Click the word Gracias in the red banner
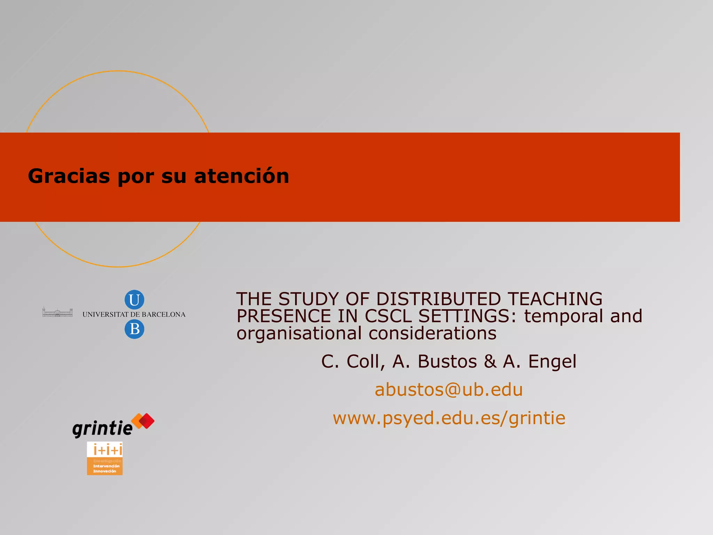point(69,176)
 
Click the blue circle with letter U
point(134,300)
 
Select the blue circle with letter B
point(134,329)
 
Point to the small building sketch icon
point(57,312)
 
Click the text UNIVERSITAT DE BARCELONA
point(134,315)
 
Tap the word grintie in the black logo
point(102,428)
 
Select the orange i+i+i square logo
point(105,458)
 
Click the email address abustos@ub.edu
point(449,389)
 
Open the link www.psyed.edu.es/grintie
point(449,418)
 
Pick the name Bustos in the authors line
point(447,361)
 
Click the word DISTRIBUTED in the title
point(439,299)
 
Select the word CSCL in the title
point(388,316)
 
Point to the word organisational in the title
point(299,334)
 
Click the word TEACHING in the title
point(555,299)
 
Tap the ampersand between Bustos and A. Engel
point(490,361)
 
